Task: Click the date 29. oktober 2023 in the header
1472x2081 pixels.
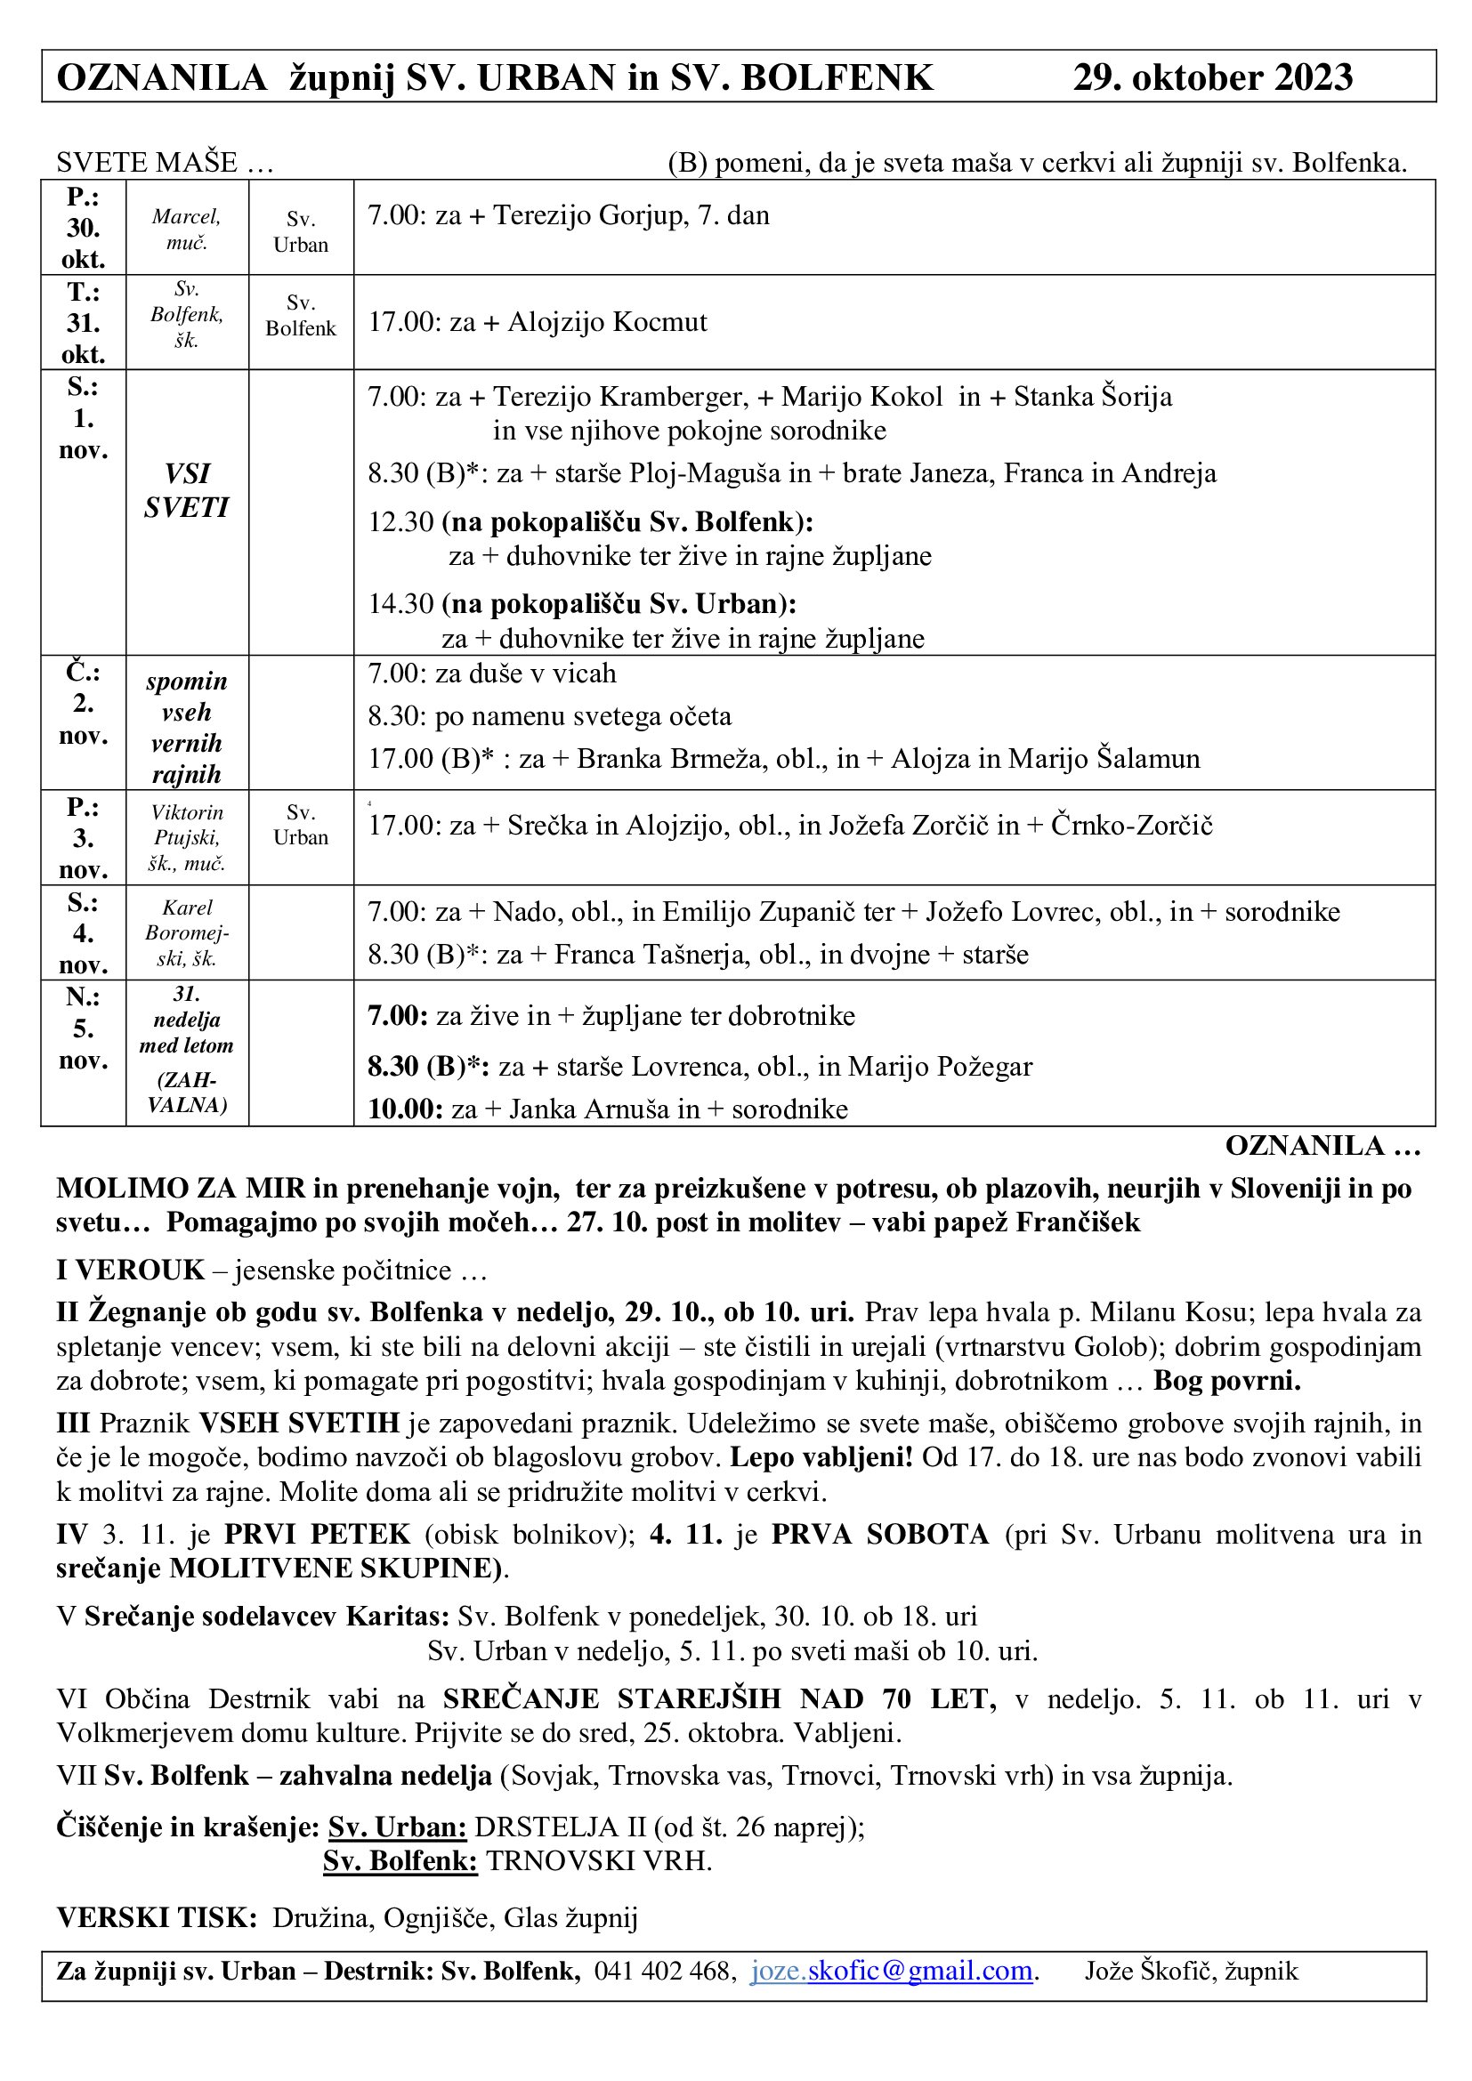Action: coord(1212,78)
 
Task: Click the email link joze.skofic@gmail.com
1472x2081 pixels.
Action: coord(892,1971)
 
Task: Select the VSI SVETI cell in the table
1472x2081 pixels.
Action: coord(187,490)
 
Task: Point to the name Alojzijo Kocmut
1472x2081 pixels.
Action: coord(606,322)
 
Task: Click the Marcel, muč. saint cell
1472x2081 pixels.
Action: coord(187,229)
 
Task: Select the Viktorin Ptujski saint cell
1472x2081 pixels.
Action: coord(187,837)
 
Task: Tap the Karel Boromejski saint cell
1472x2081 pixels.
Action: coord(187,932)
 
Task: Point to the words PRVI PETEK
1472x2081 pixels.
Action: coord(317,1534)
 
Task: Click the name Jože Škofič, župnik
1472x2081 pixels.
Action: coord(1191,1971)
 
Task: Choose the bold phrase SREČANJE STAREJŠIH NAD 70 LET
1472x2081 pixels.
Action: coord(719,1698)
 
